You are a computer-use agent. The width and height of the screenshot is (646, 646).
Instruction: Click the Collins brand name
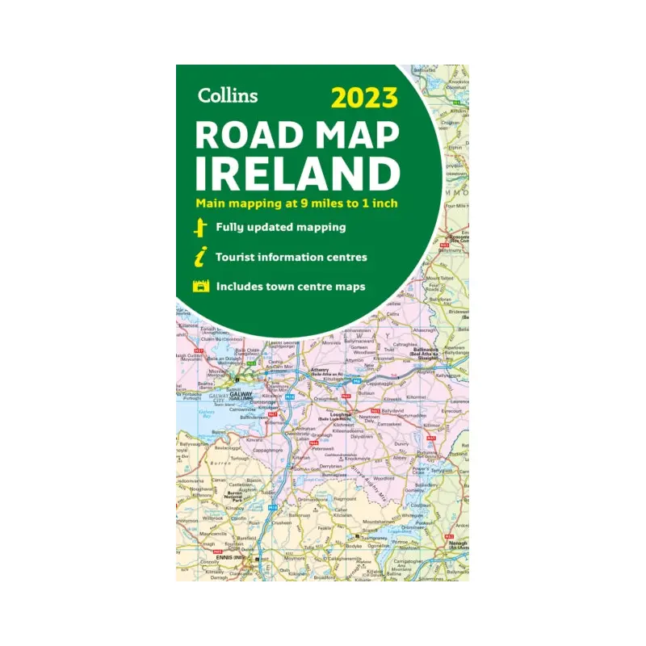227,95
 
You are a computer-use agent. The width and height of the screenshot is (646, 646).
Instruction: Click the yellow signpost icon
199,228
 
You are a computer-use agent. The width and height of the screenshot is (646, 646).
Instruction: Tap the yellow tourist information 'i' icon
199,258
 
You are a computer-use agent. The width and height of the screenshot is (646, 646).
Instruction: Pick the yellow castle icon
199,287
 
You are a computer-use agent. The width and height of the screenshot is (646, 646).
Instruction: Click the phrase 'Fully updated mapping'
280,227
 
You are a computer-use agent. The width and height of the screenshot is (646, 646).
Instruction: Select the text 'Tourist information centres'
291,257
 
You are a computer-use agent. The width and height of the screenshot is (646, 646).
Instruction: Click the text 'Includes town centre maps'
290,286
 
